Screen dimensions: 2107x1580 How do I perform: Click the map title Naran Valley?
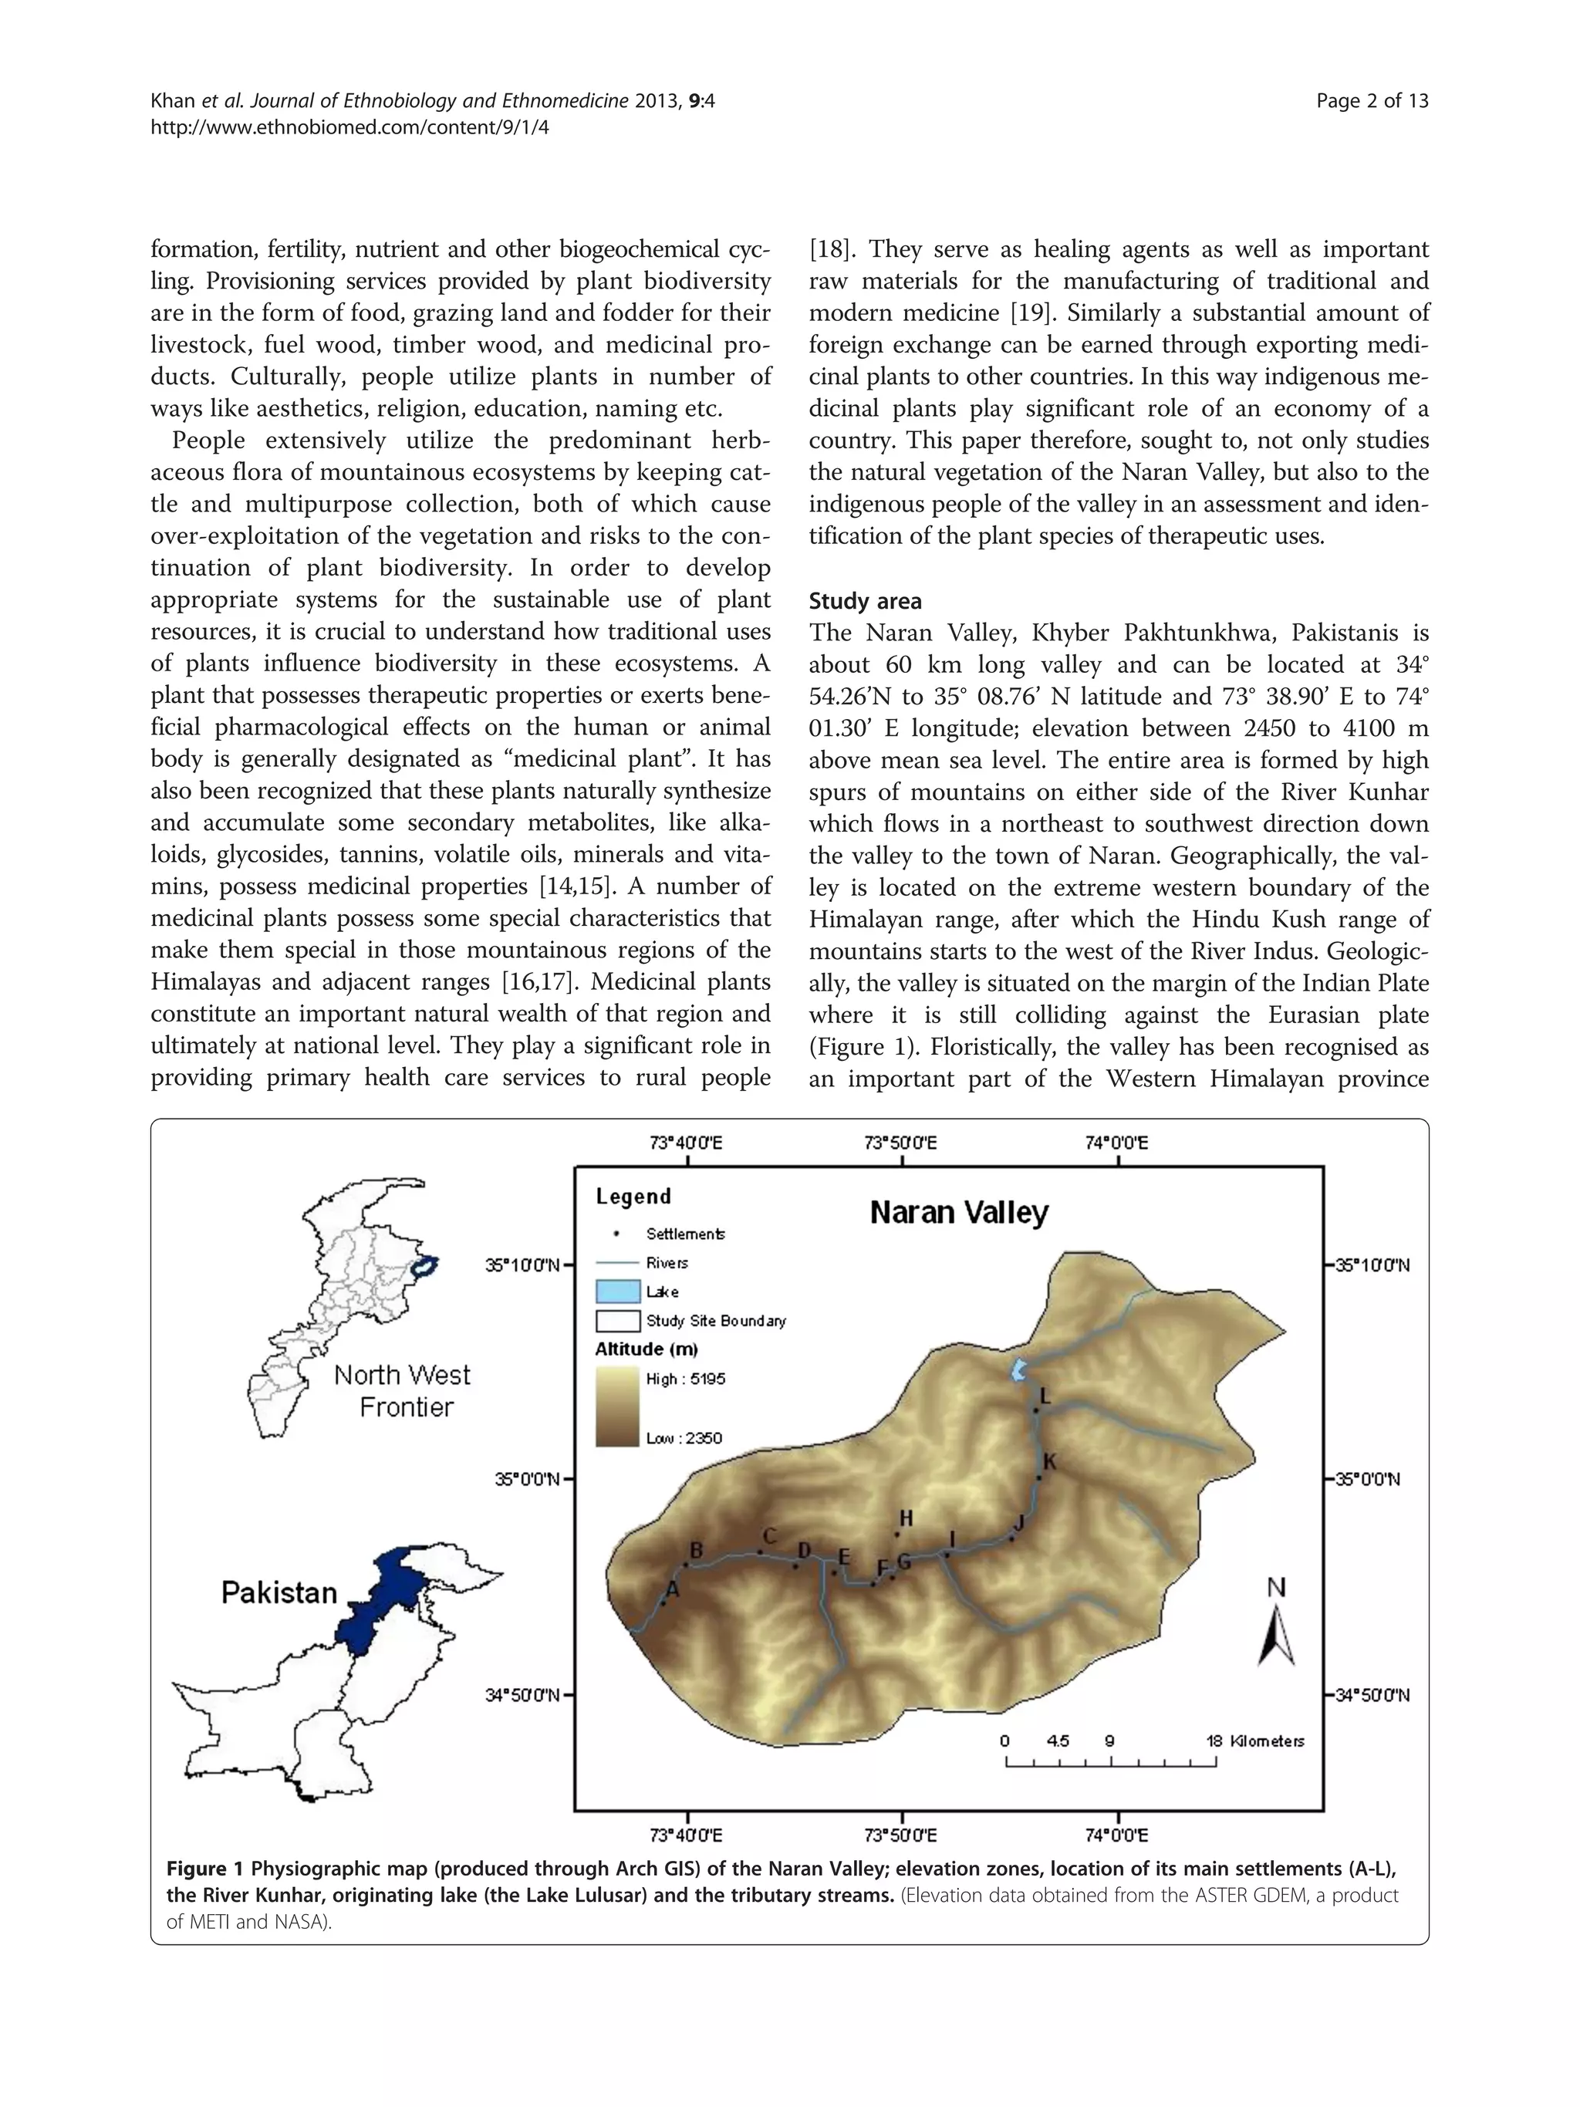(958, 1213)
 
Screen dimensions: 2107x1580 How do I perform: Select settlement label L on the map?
(1045, 1396)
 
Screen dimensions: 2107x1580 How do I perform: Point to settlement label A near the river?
(673, 1588)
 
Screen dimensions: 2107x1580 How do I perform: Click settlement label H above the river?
(906, 1518)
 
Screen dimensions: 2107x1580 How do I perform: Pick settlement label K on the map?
(1049, 1461)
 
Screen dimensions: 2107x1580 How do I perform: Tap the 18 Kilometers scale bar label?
(1254, 1741)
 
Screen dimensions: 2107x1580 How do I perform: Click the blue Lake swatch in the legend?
(617, 1292)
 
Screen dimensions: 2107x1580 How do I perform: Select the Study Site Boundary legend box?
(617, 1321)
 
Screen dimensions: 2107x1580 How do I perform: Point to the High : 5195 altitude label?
(685, 1379)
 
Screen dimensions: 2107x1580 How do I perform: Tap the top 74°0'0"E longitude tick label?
(1116, 1142)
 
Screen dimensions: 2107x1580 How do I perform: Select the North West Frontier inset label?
(403, 1391)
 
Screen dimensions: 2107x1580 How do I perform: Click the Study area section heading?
(865, 601)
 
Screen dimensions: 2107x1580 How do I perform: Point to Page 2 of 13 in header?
(1372, 101)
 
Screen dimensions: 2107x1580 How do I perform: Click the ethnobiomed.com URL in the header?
(349, 127)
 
